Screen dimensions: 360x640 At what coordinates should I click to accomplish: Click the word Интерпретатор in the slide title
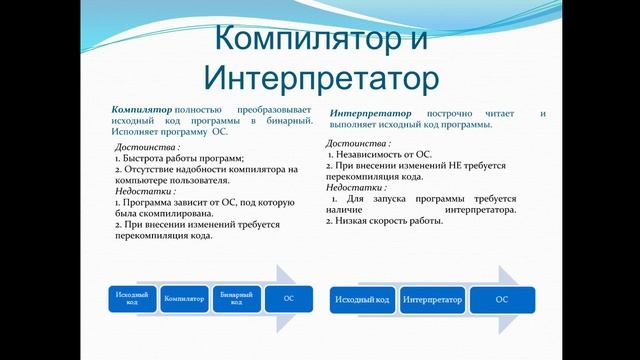coord(322,76)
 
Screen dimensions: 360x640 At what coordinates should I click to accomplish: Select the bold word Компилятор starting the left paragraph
coord(141,108)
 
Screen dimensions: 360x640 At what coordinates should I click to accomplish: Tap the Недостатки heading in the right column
coord(355,187)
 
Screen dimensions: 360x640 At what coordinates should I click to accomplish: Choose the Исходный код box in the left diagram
coord(133,299)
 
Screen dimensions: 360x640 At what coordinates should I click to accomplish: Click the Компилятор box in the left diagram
coord(185,299)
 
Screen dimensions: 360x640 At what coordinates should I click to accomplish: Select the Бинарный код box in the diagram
coord(237,299)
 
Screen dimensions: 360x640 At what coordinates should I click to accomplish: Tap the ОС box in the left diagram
coord(289,299)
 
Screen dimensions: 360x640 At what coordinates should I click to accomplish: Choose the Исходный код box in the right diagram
coord(363,299)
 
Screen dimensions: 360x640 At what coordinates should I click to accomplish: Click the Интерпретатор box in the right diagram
coord(432,299)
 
